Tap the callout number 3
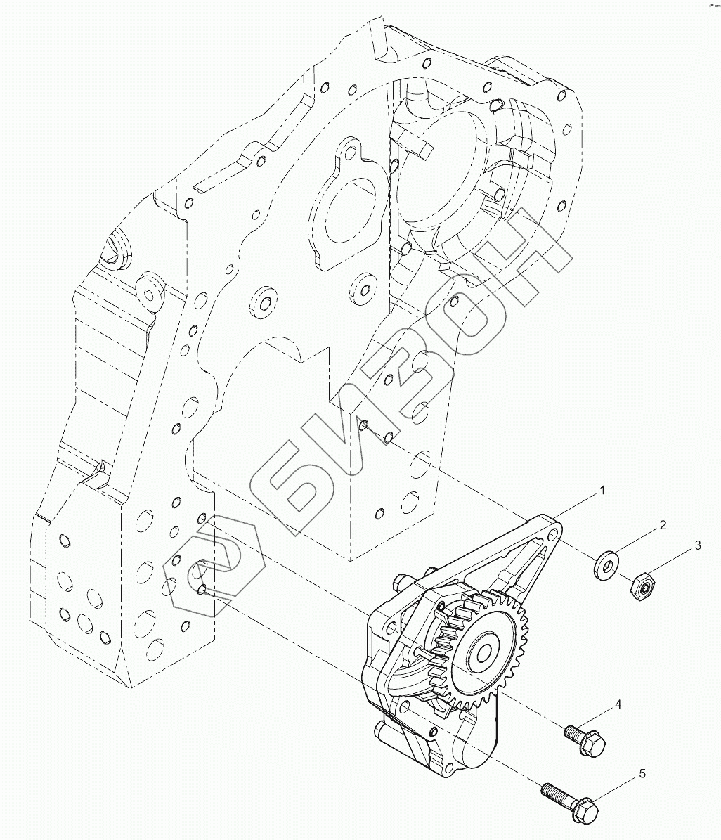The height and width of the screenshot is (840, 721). coord(698,545)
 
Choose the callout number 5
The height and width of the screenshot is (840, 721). coord(641,774)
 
